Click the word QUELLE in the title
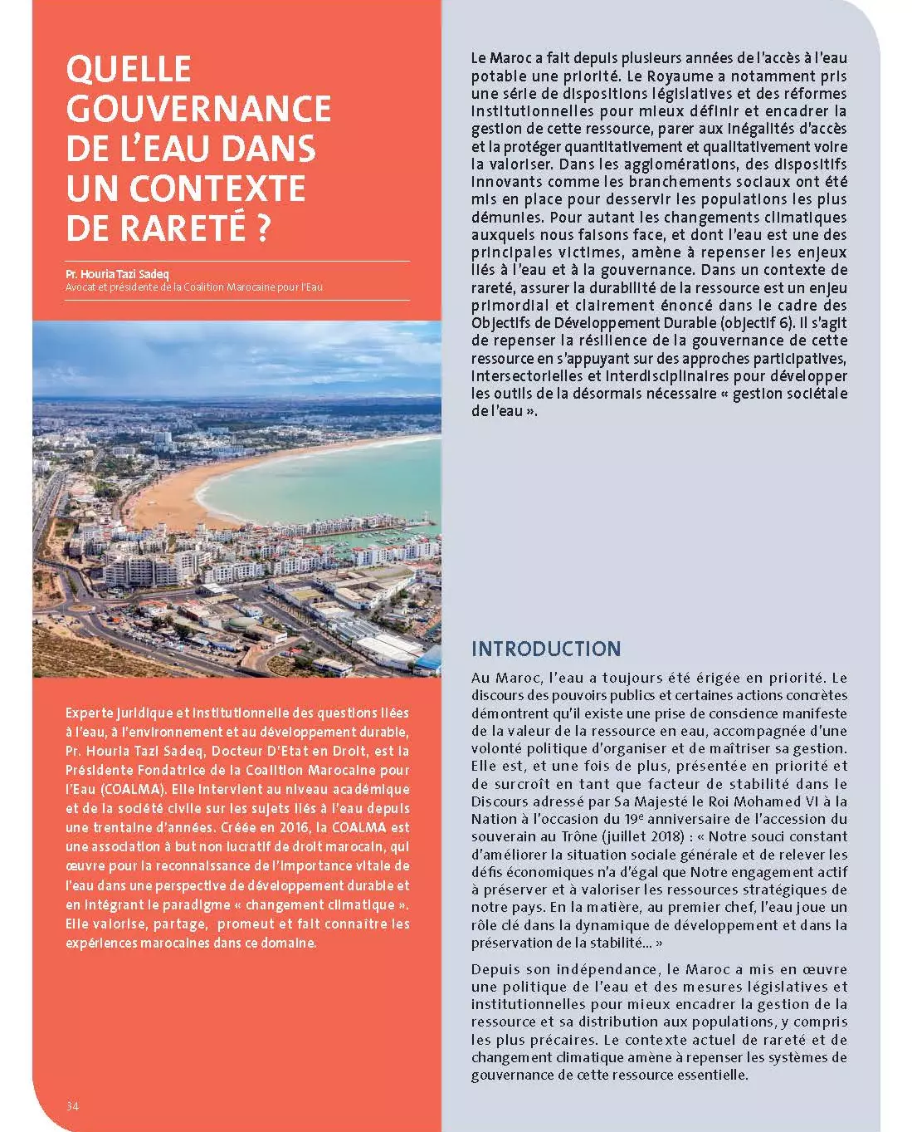click(129, 69)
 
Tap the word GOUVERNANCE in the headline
click(198, 109)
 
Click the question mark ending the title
click(264, 228)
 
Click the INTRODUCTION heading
click(545, 649)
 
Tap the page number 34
click(72, 1105)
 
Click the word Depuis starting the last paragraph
click(495, 969)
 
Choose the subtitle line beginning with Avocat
click(194, 287)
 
